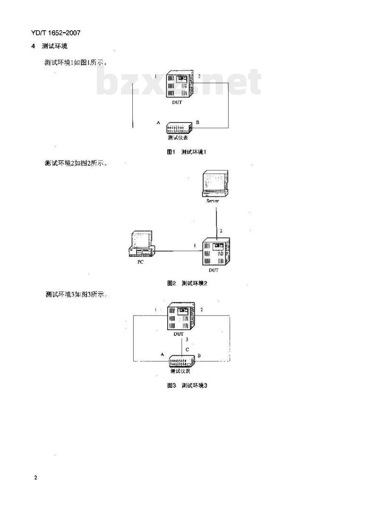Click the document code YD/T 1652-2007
56,33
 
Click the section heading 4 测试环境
49,46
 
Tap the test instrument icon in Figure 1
179,128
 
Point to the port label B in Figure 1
198,122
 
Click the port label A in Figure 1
158,123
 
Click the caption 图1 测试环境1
187,152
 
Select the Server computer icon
215,184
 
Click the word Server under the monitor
212,201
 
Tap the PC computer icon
141,244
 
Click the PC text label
140,262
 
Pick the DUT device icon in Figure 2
216,252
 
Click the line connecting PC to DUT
179,251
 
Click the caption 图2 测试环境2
187,283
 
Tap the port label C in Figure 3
187,350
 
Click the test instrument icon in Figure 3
182,361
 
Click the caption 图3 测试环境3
187,385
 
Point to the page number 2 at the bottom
35,478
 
